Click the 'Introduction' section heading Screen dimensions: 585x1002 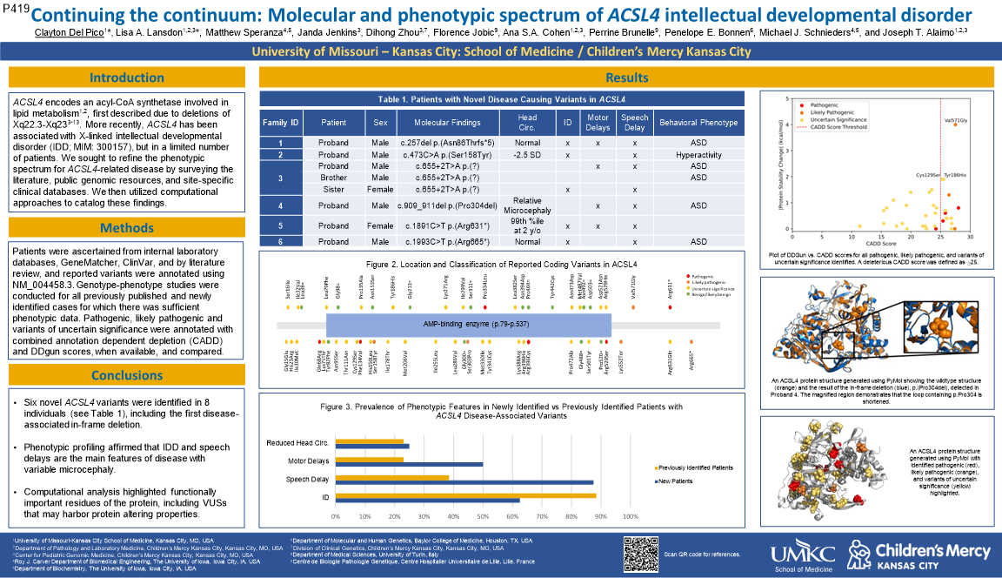[127, 77]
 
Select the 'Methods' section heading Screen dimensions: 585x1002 [127, 228]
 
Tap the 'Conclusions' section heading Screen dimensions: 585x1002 [127, 376]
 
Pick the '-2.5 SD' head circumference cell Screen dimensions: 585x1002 [527, 154]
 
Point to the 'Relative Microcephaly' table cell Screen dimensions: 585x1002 [527, 205]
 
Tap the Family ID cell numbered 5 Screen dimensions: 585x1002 [280, 225]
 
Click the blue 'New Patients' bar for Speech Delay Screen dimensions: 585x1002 [464, 481]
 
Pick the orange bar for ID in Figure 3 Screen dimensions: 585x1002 [465, 496]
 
